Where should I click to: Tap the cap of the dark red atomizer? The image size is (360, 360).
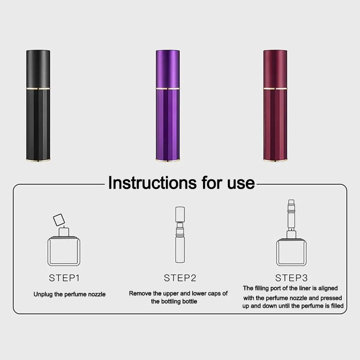[x=275, y=68]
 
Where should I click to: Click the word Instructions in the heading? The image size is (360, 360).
[x=150, y=183]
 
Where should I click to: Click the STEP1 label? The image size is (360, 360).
[x=64, y=278]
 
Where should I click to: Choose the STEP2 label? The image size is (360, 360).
[x=180, y=278]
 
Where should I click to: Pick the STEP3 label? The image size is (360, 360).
[x=292, y=278]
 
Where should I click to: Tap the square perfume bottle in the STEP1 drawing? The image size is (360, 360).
[x=64, y=250]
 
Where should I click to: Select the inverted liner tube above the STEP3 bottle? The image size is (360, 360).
[x=291, y=216]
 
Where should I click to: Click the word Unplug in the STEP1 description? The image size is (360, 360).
[x=43, y=294]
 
